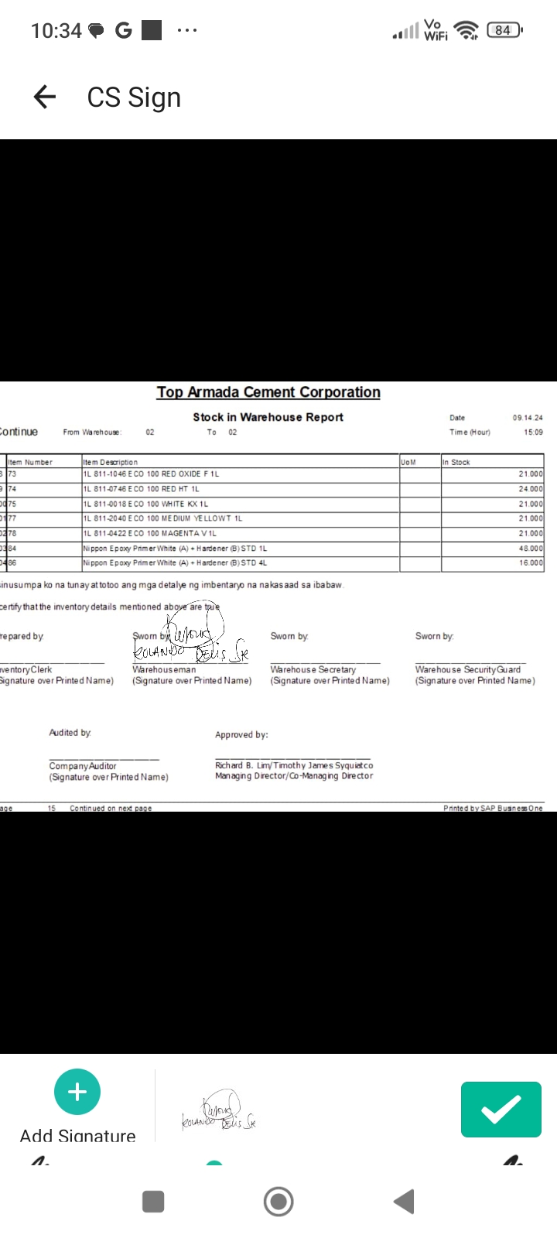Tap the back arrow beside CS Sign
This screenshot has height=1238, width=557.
click(x=45, y=97)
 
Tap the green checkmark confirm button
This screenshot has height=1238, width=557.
click(x=501, y=1110)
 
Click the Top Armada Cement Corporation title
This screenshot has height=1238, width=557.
click(x=268, y=392)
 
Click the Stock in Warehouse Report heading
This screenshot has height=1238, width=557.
click(x=268, y=417)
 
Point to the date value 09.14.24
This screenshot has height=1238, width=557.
click(x=528, y=418)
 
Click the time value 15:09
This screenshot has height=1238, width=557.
click(x=533, y=433)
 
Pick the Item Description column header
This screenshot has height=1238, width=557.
click(x=111, y=462)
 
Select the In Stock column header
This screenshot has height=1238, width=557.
click(x=456, y=462)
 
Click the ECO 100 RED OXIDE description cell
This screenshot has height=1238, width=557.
click(x=151, y=474)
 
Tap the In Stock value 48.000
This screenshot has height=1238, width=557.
click(x=531, y=549)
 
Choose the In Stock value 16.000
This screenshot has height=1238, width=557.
click(x=531, y=563)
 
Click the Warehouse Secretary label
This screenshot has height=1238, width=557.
click(x=313, y=669)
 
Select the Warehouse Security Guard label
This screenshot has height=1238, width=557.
click(x=467, y=669)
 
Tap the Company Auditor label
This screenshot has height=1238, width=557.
click(x=83, y=766)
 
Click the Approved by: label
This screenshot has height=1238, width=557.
click(x=241, y=735)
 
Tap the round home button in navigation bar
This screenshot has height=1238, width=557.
click(x=278, y=1202)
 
